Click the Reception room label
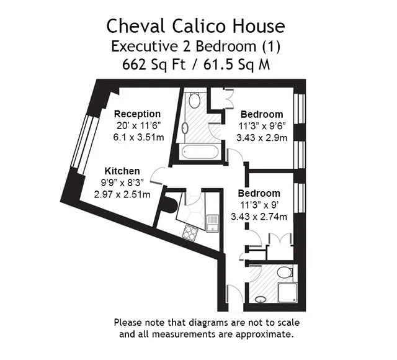[137, 114]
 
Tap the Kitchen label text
[122, 171]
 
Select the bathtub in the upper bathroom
[200, 152]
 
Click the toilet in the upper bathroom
[195, 101]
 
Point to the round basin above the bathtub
[185, 127]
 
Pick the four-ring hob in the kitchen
[190, 232]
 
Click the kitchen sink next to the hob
[212, 223]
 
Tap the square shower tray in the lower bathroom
[287, 292]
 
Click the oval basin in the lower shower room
[261, 300]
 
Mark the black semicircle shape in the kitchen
[170, 205]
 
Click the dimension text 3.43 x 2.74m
[259, 217]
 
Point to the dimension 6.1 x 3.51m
[138, 137]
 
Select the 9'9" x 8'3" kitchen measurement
[122, 182]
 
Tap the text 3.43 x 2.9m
[262, 138]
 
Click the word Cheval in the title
[136, 26]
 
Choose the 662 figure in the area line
[134, 65]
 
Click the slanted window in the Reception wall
[86, 145]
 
